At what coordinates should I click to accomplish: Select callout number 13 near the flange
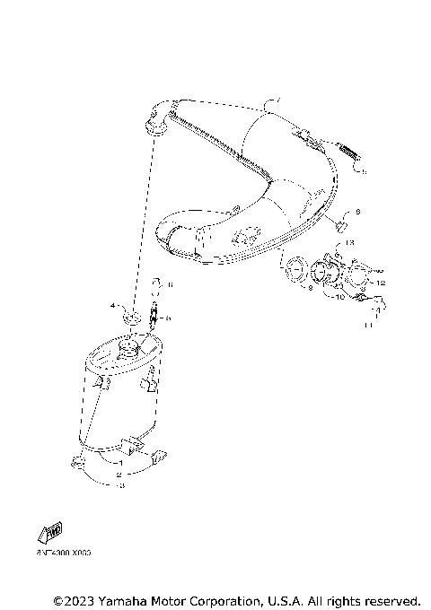(x=349, y=242)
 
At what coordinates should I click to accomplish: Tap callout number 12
(x=380, y=283)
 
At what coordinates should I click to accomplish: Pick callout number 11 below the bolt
(x=367, y=326)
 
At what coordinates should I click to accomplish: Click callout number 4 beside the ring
(x=113, y=306)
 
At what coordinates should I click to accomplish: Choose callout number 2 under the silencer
(x=118, y=474)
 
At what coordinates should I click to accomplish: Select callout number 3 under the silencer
(x=121, y=485)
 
